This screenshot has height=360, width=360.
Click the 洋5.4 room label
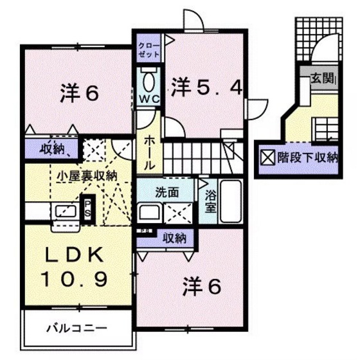pyautogui.click(x=206, y=87)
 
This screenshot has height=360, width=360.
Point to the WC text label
pyautogui.click(x=150, y=99)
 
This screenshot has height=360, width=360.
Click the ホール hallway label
pyautogui.click(x=148, y=152)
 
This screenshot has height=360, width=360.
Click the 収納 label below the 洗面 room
pyautogui.click(x=174, y=237)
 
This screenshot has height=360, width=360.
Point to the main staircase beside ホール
pyautogui.click(x=199, y=154)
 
